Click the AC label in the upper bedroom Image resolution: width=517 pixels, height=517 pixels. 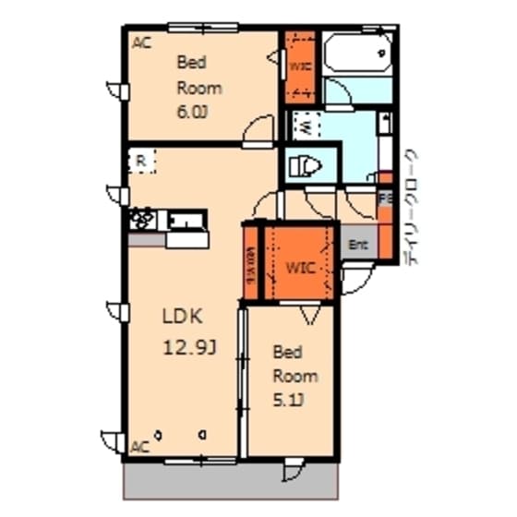tap(141, 42)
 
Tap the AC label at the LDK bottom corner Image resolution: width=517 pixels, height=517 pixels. tap(139, 447)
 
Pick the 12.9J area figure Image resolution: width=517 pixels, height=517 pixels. tap(188, 347)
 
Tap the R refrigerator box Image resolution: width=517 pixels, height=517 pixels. tap(141, 161)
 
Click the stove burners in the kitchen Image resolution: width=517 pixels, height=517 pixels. tap(143, 220)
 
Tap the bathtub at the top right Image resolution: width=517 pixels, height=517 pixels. tap(357, 54)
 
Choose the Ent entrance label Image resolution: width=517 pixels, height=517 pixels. tap(358, 245)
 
